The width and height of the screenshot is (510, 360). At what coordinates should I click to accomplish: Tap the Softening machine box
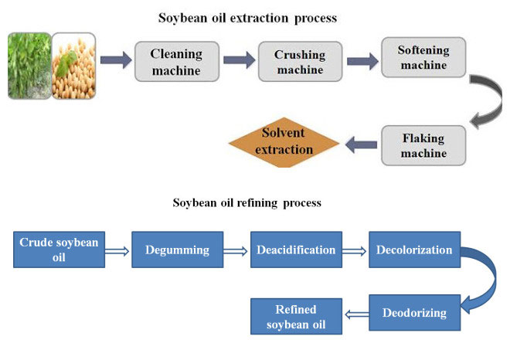point(423,58)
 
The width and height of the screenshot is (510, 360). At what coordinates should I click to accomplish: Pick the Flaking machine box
point(423,146)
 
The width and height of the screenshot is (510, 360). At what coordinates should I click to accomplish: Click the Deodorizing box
point(414,313)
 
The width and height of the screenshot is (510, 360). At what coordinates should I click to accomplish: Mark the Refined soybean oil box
point(296,318)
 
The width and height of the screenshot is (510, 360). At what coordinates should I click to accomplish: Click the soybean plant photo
point(28,65)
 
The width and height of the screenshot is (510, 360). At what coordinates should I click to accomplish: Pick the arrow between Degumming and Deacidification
point(236,251)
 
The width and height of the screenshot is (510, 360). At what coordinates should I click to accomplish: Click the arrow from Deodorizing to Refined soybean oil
point(356,314)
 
